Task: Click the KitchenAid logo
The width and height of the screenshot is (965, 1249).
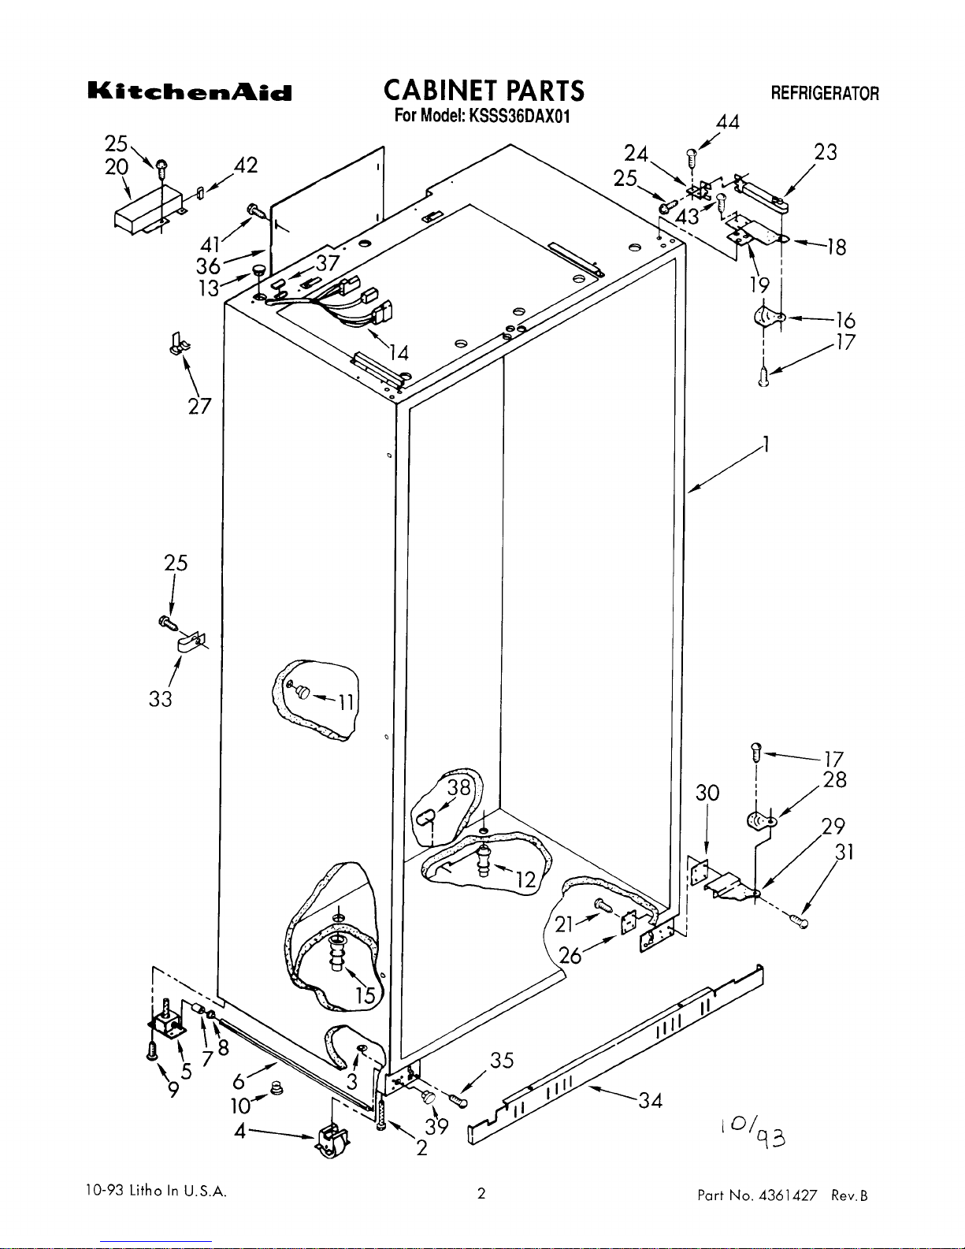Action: coord(190,92)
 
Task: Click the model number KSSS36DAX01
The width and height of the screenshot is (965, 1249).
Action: coord(519,116)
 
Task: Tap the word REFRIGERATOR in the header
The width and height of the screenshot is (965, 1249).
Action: coord(824,94)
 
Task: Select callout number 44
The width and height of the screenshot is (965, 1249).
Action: coord(728,122)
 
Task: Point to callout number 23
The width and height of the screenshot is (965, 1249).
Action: coord(826,152)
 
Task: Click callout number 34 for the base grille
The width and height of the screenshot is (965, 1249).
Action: coord(650,1101)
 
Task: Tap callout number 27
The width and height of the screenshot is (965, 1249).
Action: coord(200,407)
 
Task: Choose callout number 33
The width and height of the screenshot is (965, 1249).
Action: coord(160,699)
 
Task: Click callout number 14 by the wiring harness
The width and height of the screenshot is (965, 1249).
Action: coord(399,352)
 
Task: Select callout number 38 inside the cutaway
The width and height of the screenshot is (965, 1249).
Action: coord(459,787)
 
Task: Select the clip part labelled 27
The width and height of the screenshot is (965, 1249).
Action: coord(180,344)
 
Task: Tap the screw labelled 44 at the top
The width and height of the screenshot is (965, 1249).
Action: coord(692,158)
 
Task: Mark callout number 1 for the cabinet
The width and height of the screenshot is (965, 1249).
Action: coord(766,444)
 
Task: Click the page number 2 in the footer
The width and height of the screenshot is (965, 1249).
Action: coord(481,1193)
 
